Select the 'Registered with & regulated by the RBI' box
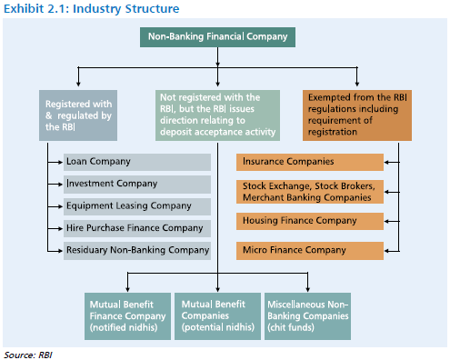coord(77,115)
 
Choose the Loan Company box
coord(136,162)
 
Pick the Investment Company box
coord(136,184)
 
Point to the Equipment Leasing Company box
coord(136,205)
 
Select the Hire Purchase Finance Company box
coord(136,227)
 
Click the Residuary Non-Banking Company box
coord(136,249)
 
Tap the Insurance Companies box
coord(309,162)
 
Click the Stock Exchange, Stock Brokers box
coord(309,192)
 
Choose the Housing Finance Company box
coord(309,221)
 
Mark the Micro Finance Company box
coord(309,249)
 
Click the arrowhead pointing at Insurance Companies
coord(387,162)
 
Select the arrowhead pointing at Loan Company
coord(59,162)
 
